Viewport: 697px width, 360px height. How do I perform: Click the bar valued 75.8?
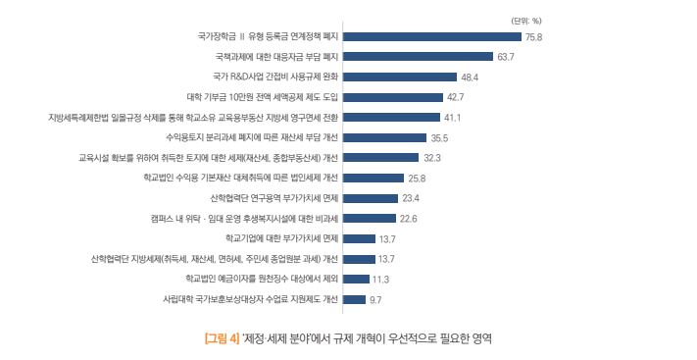click(x=431, y=36)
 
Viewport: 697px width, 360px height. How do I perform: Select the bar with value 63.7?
click(x=418, y=57)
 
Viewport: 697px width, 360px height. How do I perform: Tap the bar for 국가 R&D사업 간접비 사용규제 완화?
click(x=400, y=77)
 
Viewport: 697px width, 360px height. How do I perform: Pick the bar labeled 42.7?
click(x=393, y=97)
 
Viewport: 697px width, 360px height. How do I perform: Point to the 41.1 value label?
click(x=453, y=118)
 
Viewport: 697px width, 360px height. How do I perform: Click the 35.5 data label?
click(x=439, y=138)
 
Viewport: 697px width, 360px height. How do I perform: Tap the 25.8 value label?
click(x=417, y=179)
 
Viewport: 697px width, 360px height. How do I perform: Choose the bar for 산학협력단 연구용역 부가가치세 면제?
click(x=372, y=198)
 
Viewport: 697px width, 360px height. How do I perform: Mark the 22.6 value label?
click(x=409, y=219)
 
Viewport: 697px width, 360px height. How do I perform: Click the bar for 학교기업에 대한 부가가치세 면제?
click(x=360, y=238)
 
